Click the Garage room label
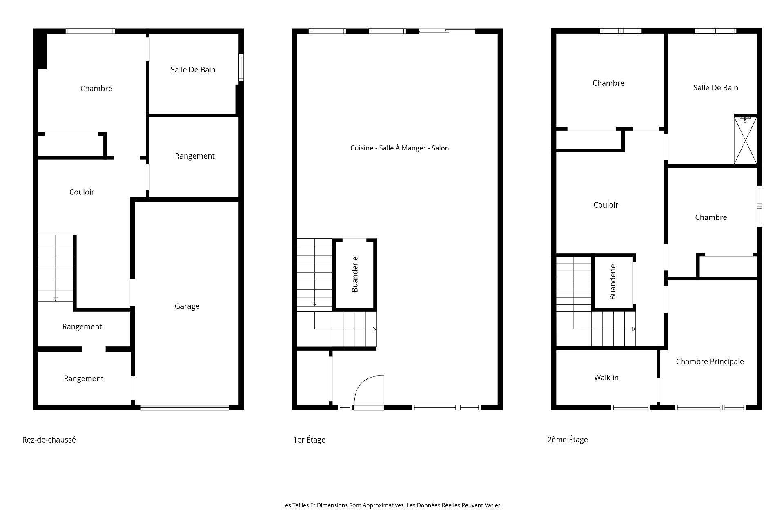pos(187,306)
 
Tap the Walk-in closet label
pos(606,378)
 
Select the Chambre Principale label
pos(710,361)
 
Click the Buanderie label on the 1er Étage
pos(355,274)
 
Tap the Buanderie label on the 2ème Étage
pos(612,282)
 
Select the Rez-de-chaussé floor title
pos(49,440)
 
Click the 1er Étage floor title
pos(309,440)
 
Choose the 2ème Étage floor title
pos(568,440)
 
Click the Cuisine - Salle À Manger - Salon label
pos(399,148)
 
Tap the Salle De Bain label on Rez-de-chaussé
pos(193,70)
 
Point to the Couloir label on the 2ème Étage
pos(606,205)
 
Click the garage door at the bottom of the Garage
pos(185,407)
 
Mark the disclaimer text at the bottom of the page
pos(392,505)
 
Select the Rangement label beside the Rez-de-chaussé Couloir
pos(194,156)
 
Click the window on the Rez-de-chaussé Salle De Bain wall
pos(241,67)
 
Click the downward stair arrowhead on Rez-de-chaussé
pos(56,299)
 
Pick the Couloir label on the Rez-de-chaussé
pos(82,192)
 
